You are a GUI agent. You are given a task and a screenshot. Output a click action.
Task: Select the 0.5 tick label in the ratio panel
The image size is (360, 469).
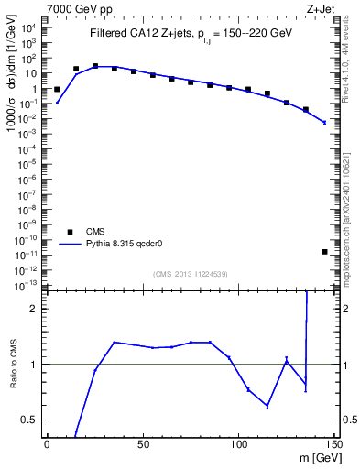pos(32,420)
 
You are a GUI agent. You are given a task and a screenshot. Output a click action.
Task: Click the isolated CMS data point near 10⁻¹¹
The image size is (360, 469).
pos(325,251)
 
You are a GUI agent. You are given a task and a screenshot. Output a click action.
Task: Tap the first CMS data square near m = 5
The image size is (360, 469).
pos(57,90)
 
